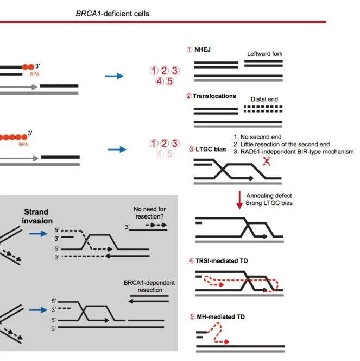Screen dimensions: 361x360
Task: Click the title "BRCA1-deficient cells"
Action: coord(112,13)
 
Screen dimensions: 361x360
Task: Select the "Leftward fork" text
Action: coord(266,53)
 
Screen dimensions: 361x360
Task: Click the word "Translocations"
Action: coord(214,96)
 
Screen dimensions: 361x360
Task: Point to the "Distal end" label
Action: coord(266,99)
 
